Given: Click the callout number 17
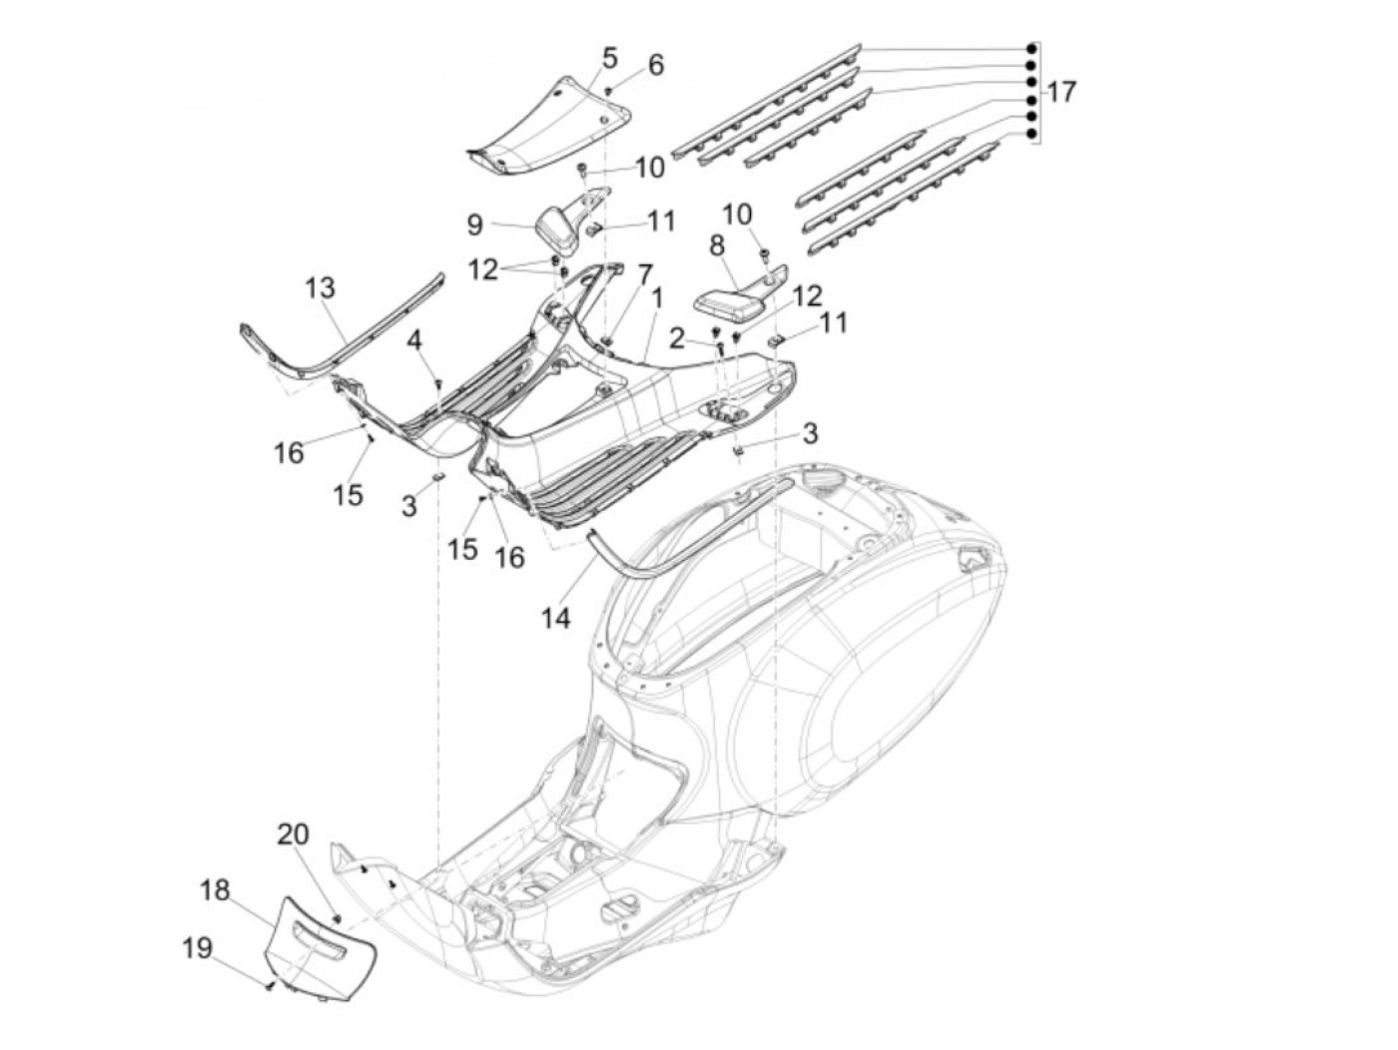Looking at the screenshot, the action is pyautogui.click(x=1060, y=92).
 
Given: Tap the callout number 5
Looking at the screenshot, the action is pyautogui.click(x=609, y=58).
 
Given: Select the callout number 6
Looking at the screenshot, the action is pyautogui.click(x=656, y=65).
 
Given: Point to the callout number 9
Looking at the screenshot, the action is pyautogui.click(x=475, y=225).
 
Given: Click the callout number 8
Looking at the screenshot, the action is pyautogui.click(x=717, y=246).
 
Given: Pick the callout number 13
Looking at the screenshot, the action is pyautogui.click(x=320, y=287).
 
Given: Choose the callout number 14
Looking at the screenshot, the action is pyautogui.click(x=556, y=617).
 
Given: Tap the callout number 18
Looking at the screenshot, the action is pyautogui.click(x=215, y=890).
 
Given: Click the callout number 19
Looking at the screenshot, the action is pyautogui.click(x=197, y=948).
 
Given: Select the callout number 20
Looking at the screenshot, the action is pyautogui.click(x=293, y=833).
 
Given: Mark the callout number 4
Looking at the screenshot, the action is pyautogui.click(x=414, y=340).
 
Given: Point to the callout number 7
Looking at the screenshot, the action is pyautogui.click(x=645, y=274).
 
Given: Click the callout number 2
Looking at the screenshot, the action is pyautogui.click(x=676, y=339).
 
